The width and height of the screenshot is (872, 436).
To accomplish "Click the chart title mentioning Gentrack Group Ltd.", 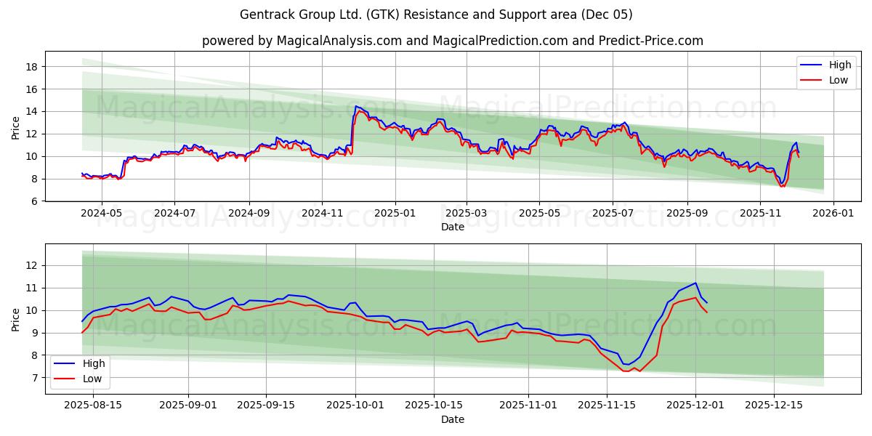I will click(436, 15).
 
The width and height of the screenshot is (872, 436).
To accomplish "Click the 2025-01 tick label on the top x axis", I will click(395, 214).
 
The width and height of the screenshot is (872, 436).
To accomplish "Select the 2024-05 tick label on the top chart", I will click(101, 214).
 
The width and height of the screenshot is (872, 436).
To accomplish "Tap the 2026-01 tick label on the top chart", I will click(833, 214).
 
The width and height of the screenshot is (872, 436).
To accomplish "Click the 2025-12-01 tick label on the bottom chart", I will click(695, 405).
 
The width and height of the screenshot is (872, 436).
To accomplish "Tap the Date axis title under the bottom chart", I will click(452, 419).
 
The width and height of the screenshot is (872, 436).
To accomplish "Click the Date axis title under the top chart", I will click(452, 227).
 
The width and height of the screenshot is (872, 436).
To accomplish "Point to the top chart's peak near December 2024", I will click(356, 106).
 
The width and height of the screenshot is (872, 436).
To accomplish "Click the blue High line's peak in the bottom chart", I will click(695, 283).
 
